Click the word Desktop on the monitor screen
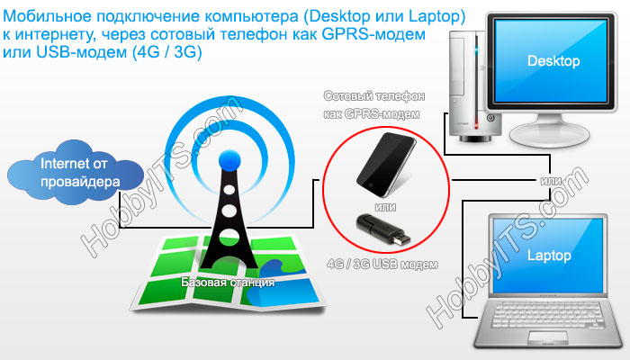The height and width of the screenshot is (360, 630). coord(553,61)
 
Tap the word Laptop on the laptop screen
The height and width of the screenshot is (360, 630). coord(549,256)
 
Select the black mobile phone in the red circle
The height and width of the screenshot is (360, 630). coord(386,165)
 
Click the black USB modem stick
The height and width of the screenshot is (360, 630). coord(382,229)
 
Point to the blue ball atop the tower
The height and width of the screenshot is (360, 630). coord(229,161)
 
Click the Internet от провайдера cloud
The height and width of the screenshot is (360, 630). coord(75,173)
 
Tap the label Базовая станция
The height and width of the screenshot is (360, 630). coord(228,282)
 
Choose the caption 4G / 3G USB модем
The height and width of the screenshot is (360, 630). coord(382,265)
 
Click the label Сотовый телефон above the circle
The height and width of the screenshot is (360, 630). coord(374,96)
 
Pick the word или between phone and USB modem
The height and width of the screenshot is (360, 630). coord(385,207)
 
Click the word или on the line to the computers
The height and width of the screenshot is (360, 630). coord(551,181)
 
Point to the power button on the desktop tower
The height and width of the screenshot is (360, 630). coord(490,118)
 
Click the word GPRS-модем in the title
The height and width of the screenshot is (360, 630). coord(373,34)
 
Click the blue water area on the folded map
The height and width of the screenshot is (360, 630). coord(277,287)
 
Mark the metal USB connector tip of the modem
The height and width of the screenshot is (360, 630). coord(402,238)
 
